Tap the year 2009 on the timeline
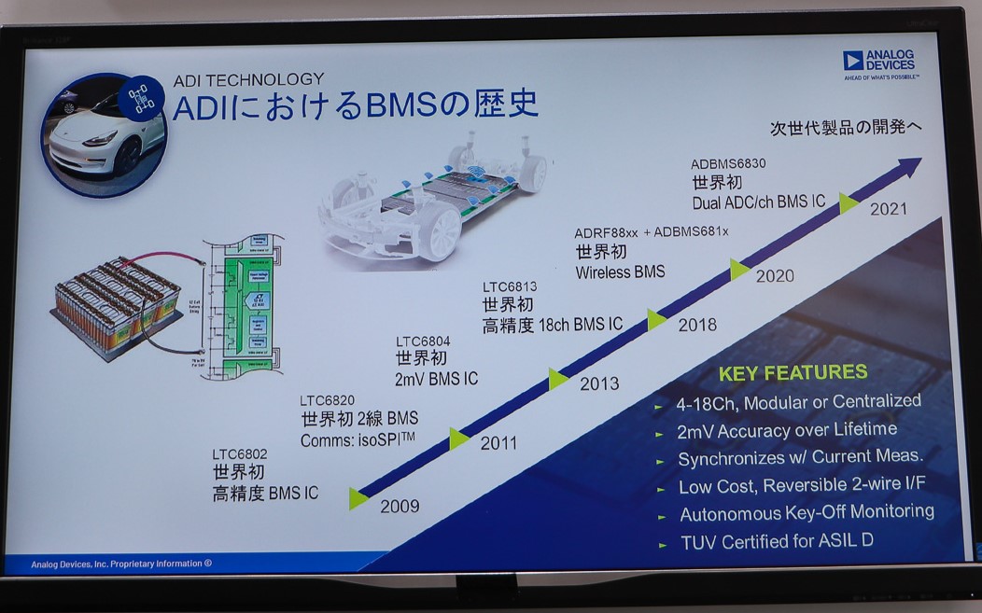(x=400, y=507)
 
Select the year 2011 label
(x=498, y=443)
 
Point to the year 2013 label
(x=598, y=383)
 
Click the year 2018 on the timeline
(x=697, y=325)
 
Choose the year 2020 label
(x=775, y=275)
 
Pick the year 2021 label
(x=888, y=209)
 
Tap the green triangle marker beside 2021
(x=849, y=202)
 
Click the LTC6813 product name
(x=511, y=286)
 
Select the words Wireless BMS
(x=620, y=272)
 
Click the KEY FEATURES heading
(x=793, y=373)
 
